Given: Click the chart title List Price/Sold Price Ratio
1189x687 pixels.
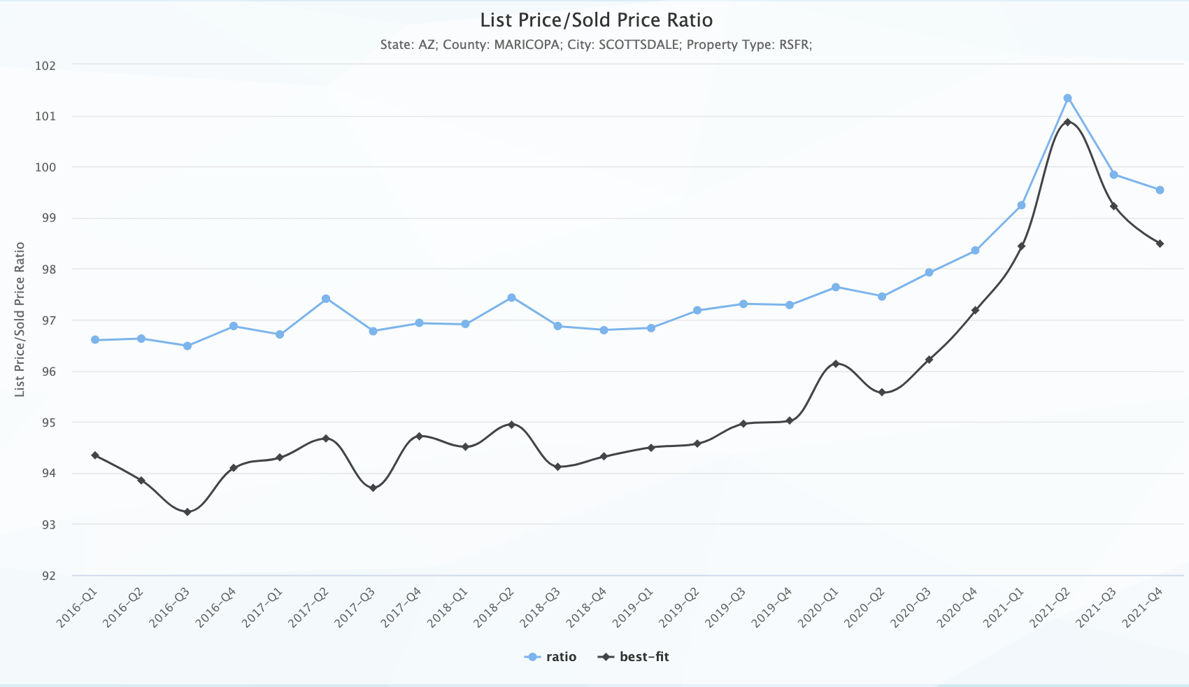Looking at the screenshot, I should (x=596, y=20).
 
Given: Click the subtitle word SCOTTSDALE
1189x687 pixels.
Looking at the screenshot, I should (x=639, y=45).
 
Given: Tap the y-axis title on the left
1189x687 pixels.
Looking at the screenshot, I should (x=20, y=319).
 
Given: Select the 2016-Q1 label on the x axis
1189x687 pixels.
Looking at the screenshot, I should (x=78, y=607).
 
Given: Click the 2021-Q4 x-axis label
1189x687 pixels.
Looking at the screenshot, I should (x=1144, y=607).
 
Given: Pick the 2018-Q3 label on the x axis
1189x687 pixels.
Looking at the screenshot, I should (x=540, y=607).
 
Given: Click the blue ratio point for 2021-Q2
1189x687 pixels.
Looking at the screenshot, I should (x=1067, y=98).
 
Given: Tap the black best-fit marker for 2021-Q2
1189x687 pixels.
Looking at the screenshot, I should (x=1067, y=122).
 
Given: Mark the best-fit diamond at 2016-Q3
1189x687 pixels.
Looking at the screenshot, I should (x=187, y=512).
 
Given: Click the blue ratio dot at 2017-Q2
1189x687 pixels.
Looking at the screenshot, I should (x=326, y=299).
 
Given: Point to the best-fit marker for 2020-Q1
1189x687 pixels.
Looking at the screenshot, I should (x=836, y=364).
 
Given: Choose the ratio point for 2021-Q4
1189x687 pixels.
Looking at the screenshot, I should (x=1160, y=190).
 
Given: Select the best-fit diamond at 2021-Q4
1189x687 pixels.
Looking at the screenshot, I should (x=1160, y=243).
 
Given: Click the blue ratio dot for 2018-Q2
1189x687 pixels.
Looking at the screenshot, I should (x=511, y=297).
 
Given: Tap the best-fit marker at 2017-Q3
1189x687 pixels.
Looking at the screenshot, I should (x=373, y=488).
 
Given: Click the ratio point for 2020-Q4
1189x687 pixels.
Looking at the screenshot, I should (x=975, y=250).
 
